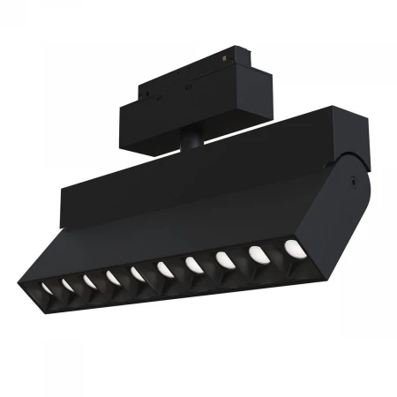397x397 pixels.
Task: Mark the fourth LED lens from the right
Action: pos(194,264)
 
